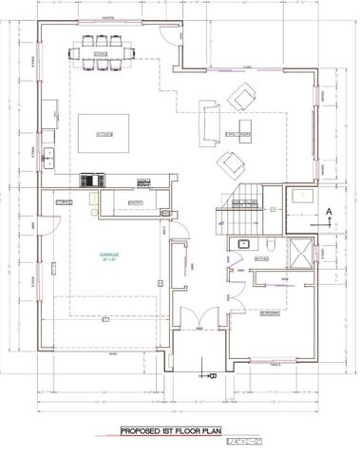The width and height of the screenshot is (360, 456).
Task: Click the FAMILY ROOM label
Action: click(236, 134)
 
